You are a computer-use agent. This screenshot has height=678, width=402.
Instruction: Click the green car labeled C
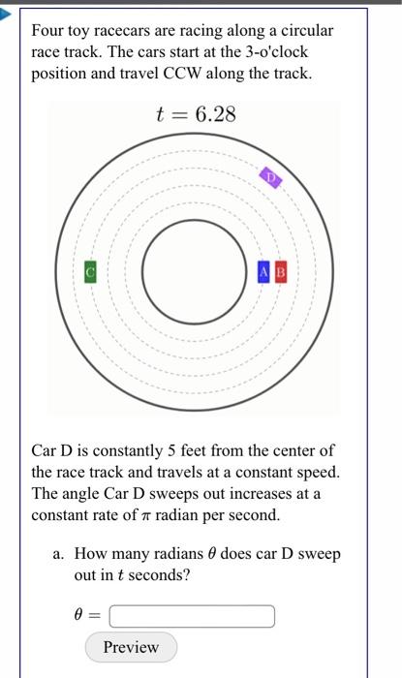tap(91, 272)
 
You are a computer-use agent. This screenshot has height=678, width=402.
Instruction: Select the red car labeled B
tap(281, 272)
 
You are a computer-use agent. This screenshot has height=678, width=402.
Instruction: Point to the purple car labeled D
tap(270, 178)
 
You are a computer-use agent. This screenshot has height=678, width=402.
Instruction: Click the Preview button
tap(131, 647)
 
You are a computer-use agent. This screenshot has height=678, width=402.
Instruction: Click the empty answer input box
tap(192, 616)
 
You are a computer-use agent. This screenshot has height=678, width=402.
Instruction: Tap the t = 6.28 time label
tap(196, 115)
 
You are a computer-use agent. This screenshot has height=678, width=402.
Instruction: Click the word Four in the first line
tap(49, 31)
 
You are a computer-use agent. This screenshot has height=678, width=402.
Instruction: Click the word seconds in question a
tap(160, 575)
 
